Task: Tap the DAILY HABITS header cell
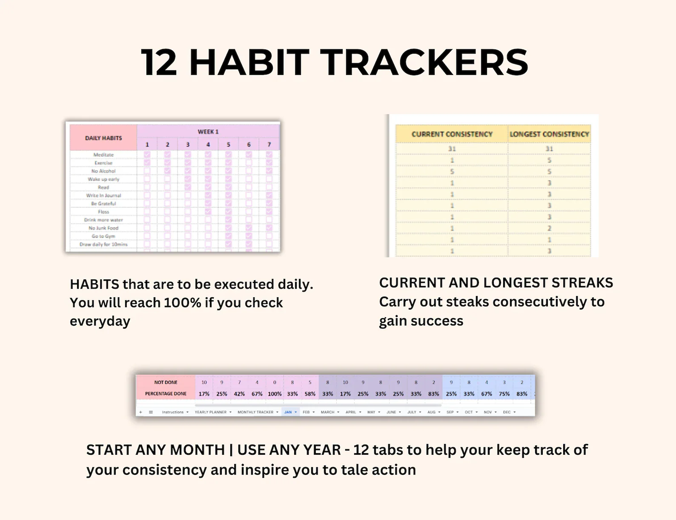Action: (x=103, y=138)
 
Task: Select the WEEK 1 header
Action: (x=208, y=132)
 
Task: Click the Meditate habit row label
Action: (x=103, y=155)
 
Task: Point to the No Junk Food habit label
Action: (x=103, y=228)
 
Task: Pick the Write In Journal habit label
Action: (x=103, y=195)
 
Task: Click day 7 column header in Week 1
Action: (x=269, y=144)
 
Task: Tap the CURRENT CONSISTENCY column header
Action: (x=452, y=134)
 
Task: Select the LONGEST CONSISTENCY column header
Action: (x=549, y=134)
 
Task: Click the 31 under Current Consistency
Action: (x=452, y=149)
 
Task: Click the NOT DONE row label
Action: (x=166, y=382)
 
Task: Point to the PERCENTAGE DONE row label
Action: (x=166, y=394)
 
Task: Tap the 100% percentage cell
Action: (x=275, y=394)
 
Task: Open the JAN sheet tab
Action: (x=288, y=412)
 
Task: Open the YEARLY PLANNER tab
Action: (x=211, y=412)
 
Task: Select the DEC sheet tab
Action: (x=507, y=412)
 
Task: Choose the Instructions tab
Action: (x=173, y=412)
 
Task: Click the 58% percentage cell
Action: (x=310, y=394)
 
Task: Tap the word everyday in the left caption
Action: (x=100, y=321)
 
